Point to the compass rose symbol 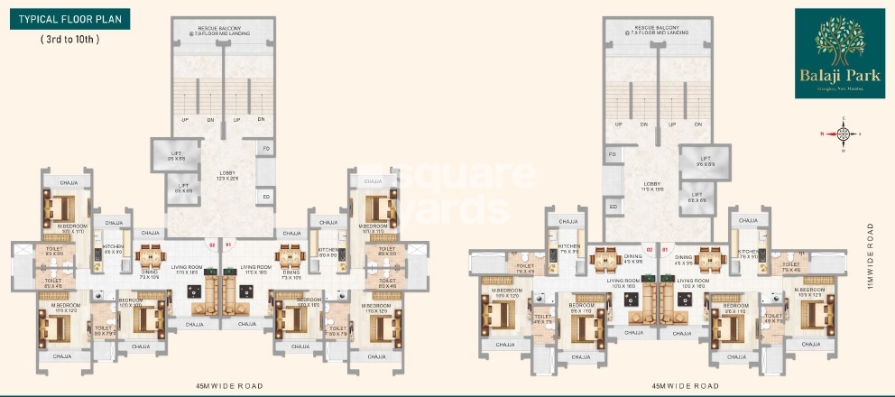coord(844,135)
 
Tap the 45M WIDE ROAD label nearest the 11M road coord(683,385)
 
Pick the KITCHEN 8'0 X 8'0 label coord(328,252)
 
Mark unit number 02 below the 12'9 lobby coord(213,244)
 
